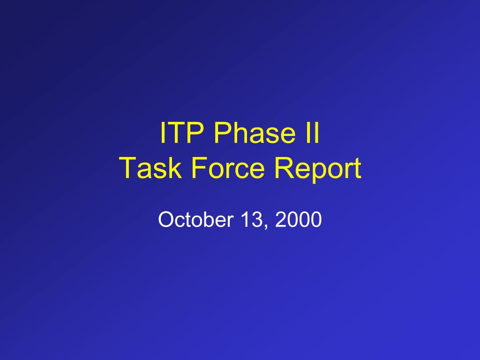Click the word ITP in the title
coord(182,133)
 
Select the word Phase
coord(255,133)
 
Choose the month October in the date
coord(195,219)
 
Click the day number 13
coord(251,219)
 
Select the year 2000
coord(299,219)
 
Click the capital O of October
coord(166,219)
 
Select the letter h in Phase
coord(243,133)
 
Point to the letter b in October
coord(208,219)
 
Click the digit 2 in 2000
coord(280,219)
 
